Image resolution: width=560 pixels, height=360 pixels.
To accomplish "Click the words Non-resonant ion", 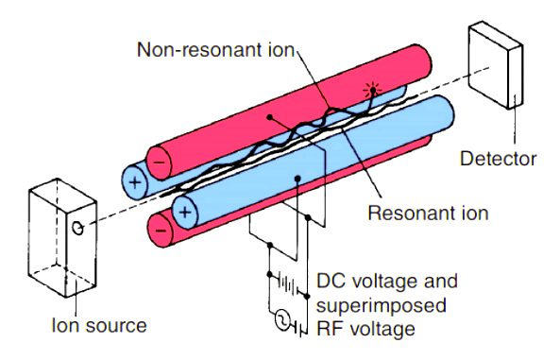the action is (215, 50).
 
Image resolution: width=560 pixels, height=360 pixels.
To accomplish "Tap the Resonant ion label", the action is (428, 214).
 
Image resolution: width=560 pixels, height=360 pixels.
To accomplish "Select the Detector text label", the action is (498, 159).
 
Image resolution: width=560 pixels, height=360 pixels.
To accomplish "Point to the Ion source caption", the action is (99, 326).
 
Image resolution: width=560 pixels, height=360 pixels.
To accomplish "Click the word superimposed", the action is (382, 306).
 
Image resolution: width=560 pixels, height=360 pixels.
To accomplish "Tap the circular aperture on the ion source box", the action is (77, 228).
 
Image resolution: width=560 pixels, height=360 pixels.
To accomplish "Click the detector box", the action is (496, 65).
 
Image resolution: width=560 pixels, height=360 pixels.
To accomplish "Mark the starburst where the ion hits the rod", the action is (372, 90).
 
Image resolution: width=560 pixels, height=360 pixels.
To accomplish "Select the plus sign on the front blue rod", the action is (185, 213).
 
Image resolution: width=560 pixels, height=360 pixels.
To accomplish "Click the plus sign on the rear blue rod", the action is (135, 182).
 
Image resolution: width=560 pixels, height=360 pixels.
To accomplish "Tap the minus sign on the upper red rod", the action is (159, 163).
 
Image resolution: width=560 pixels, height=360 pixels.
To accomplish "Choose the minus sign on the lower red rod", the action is (161, 230).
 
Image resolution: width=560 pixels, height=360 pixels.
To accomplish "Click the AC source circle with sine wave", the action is (283, 319).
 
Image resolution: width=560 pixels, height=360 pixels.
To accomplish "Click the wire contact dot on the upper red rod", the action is (270, 117).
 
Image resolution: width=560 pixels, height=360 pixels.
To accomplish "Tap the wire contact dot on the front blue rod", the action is (297, 178).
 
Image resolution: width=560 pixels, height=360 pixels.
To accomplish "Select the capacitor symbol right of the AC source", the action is (301, 328).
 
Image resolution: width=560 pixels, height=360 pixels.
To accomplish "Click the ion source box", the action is (62, 238).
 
